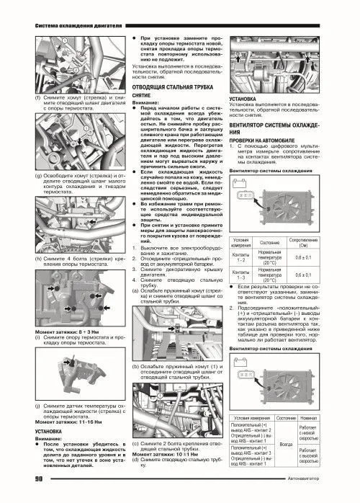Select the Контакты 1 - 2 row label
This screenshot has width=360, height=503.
[240, 256]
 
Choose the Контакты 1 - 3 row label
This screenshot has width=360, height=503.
[240, 275]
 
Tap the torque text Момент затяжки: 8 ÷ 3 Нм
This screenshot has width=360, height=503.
[65, 329]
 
